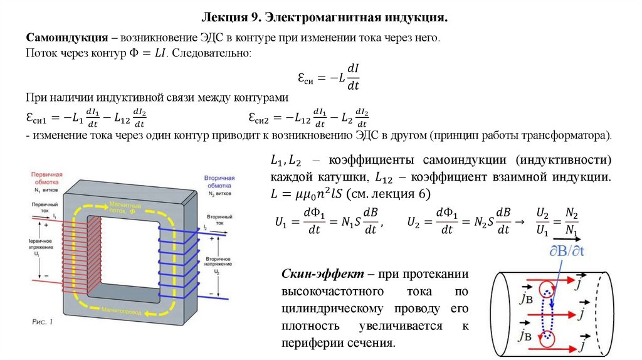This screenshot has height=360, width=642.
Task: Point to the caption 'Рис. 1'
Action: (x=42, y=322)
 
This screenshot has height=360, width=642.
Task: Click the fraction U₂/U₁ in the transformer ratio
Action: (x=542, y=223)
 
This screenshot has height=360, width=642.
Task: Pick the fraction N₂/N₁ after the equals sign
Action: (x=571, y=223)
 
